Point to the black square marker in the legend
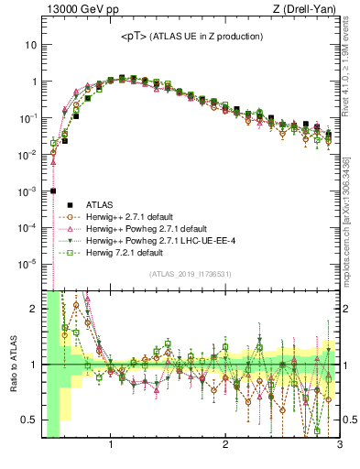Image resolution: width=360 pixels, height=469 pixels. pyautogui.click(x=66, y=204)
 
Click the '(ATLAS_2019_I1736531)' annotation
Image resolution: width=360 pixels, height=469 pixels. pyautogui.click(x=188, y=274)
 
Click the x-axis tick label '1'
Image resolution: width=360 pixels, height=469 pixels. pyautogui.click(x=111, y=445)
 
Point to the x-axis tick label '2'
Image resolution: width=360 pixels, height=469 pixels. pyautogui.click(x=225, y=445)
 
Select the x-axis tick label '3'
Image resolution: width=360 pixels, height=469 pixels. pyautogui.click(x=339, y=445)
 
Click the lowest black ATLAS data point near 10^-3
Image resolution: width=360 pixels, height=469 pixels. pyautogui.click(x=53, y=191)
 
